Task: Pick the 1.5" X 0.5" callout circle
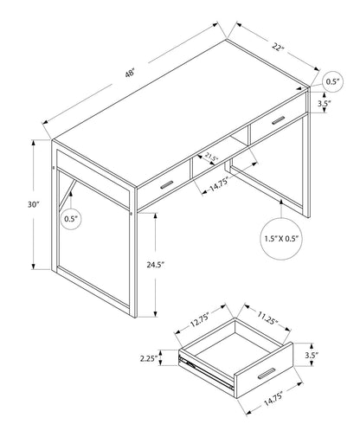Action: (282, 235)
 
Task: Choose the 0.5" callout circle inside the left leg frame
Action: (71, 219)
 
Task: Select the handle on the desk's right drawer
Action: (279, 121)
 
